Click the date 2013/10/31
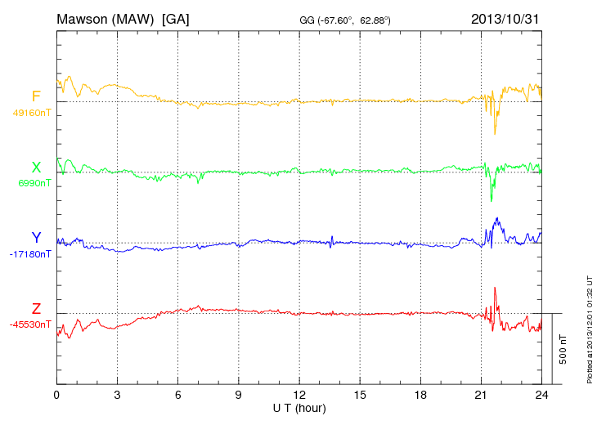point(505,18)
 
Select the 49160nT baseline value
point(31,113)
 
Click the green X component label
point(36,168)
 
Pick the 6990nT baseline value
point(34,183)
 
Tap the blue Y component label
point(36,238)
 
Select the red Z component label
point(36,309)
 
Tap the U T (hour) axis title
point(299,408)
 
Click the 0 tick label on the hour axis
point(56,395)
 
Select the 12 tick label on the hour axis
point(299,395)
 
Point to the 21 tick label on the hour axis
point(481,395)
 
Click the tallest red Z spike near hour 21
point(495,289)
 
